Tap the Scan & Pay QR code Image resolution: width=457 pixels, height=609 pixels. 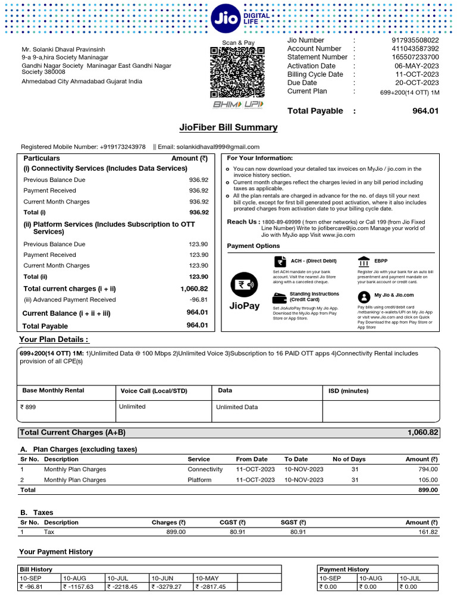(x=238, y=73)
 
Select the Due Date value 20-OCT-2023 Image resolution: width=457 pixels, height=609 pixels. (x=417, y=83)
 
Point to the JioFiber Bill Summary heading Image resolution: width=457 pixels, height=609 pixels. (x=228, y=127)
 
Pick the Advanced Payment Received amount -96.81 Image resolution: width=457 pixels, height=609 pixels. (x=198, y=300)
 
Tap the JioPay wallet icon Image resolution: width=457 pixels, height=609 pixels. (x=243, y=284)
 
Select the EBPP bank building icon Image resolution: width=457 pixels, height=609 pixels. (x=363, y=262)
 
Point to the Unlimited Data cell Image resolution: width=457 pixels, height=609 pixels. (x=237, y=407)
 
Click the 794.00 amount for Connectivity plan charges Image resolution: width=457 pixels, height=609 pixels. (x=427, y=469)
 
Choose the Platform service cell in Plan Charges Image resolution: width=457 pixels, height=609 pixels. (x=199, y=480)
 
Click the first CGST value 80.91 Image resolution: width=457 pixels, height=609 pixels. (x=237, y=532)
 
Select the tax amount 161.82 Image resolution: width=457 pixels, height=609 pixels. (x=425, y=532)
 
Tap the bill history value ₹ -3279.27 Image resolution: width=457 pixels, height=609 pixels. (x=168, y=586)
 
